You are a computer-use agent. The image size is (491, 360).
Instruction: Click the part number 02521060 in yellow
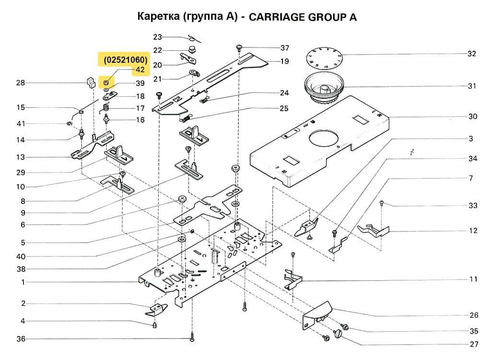click(x=123, y=59)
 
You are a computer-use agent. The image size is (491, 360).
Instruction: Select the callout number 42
click(x=140, y=70)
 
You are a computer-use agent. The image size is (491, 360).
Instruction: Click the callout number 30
click(x=473, y=117)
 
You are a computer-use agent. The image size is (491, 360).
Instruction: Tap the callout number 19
click(x=284, y=61)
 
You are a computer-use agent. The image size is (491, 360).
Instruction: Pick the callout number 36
click(x=20, y=339)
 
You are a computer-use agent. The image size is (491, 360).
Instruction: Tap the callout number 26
click(x=474, y=315)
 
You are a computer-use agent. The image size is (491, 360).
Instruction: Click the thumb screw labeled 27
click(x=341, y=334)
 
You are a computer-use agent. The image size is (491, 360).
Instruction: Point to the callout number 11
click(x=473, y=279)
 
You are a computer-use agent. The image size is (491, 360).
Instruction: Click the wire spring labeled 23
click(x=192, y=38)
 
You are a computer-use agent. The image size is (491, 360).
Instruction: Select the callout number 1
click(x=23, y=282)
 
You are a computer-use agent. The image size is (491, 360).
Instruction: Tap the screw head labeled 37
click(x=239, y=47)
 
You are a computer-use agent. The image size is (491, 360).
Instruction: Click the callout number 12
click(x=473, y=231)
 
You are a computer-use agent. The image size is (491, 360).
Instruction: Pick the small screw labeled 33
click(x=382, y=203)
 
